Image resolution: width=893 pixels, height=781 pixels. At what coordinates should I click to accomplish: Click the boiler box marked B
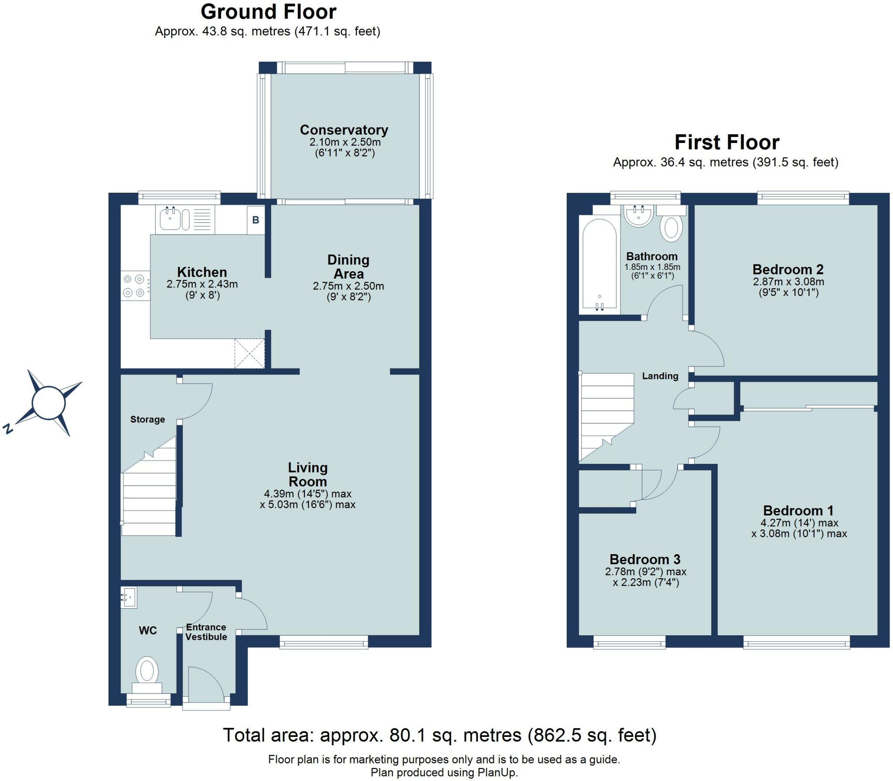point(256,220)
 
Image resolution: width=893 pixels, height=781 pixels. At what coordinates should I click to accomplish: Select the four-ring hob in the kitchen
point(133,286)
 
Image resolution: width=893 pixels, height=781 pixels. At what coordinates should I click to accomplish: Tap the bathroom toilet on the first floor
point(671,227)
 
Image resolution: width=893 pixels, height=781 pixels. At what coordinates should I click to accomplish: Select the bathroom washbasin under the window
point(638,216)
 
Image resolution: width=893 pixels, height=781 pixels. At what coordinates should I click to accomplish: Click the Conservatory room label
point(344,130)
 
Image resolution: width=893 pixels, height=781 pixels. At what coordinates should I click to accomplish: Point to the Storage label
point(147,419)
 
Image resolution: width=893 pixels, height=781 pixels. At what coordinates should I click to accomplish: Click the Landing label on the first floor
point(660,376)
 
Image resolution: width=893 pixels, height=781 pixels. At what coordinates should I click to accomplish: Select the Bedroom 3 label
point(644,559)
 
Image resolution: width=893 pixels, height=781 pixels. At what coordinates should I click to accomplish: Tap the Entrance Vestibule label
point(206,632)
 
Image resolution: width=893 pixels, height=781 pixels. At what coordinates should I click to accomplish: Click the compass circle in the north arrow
point(49,402)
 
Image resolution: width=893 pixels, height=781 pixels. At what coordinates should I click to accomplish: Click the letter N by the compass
point(7,429)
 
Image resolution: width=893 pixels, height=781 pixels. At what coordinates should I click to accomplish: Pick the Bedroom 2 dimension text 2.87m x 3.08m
point(788,282)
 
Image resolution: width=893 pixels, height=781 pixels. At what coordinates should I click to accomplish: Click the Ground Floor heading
point(268,12)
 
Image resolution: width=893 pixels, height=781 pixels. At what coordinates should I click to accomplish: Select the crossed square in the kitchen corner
point(249,354)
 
